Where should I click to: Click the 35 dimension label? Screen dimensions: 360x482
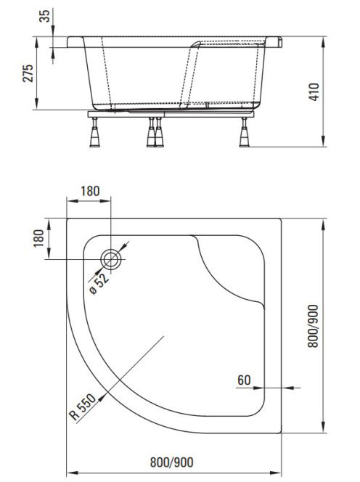coord(45,16)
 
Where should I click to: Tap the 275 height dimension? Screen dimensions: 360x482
coord(28,73)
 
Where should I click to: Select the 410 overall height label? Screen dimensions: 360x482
coord(314,91)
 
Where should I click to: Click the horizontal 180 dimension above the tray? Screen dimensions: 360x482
coord(90,191)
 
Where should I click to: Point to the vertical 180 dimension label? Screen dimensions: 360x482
coord(38,238)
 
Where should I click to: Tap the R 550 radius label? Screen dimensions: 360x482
coord(83,407)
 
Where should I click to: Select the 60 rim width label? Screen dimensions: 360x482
coord(244,380)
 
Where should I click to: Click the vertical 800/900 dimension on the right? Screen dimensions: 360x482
coord(314,326)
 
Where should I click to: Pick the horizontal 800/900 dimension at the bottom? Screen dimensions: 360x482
coord(172,462)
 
